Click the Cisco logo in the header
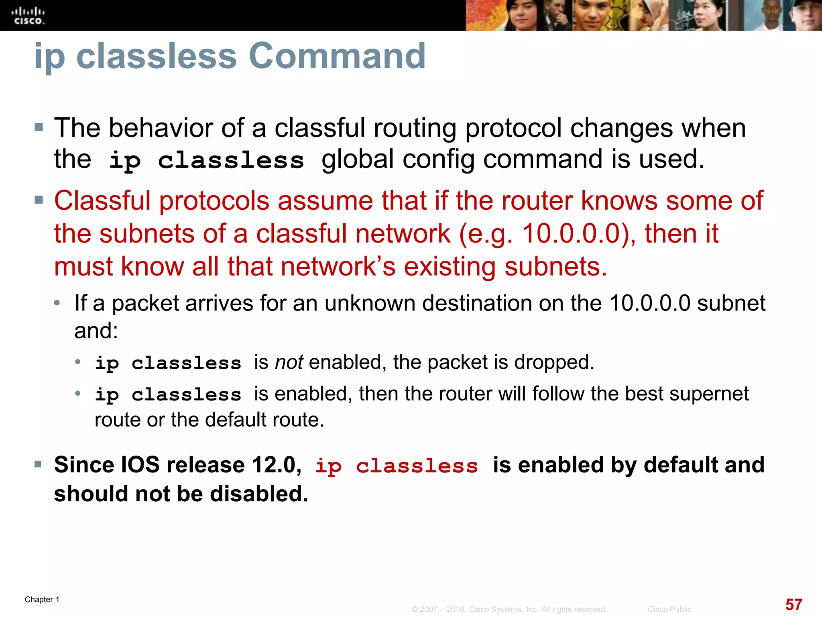point(28,16)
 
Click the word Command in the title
point(337,56)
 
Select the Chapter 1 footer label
point(42,599)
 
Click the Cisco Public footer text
point(669,609)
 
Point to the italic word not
point(289,362)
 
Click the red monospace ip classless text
point(397,466)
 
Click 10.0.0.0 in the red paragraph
point(577,233)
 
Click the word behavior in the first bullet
point(161,129)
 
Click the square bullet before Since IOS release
point(39,465)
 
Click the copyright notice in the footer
point(509,609)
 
